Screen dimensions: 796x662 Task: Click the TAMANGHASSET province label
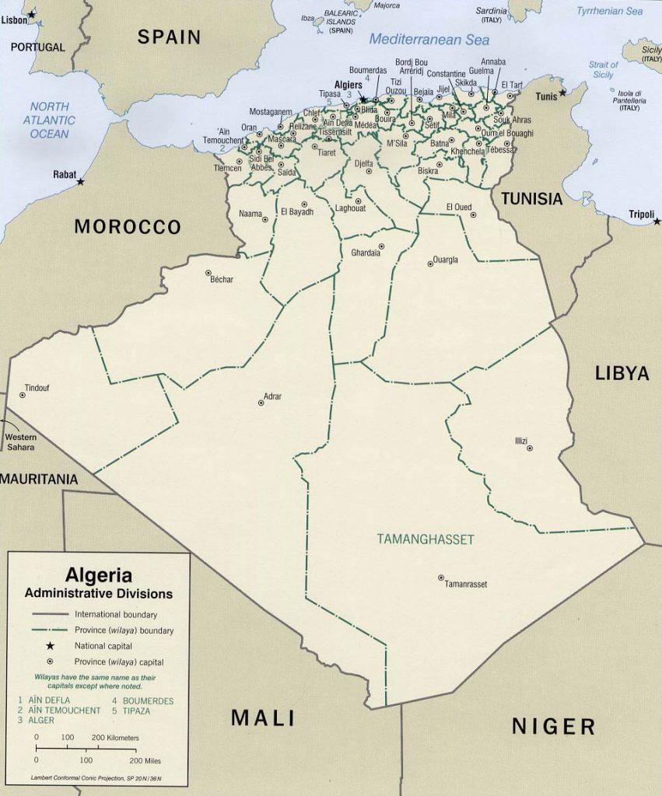pos(425,539)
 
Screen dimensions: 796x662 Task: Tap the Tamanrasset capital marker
pos(441,578)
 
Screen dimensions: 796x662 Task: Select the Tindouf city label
pos(37,387)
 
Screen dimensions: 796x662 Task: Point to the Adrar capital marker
pos(261,403)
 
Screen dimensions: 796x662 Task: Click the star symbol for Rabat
pos(81,181)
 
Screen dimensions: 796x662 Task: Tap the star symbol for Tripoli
pos(655,221)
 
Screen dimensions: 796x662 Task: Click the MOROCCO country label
pos(128,227)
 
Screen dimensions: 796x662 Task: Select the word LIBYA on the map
pos(622,373)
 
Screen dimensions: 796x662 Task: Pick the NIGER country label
pos(553,727)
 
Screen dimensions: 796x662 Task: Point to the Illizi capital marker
pos(530,448)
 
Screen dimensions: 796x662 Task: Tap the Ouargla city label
pos(446,260)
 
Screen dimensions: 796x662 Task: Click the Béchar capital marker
pos(208,273)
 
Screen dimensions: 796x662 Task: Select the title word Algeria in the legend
pos(98,576)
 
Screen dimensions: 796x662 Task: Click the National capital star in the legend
pos(50,646)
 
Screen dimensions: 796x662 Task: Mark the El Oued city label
pos(459,207)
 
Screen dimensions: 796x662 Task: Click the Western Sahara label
pos(21,442)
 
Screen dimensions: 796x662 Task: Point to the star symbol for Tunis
pos(562,92)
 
